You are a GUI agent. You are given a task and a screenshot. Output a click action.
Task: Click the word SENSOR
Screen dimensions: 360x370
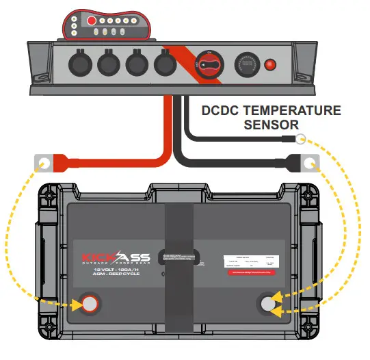[x=271, y=125]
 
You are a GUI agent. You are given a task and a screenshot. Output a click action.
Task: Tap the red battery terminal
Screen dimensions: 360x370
[x=89, y=303]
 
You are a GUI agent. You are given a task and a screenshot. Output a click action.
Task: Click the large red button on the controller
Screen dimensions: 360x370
[x=90, y=21]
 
